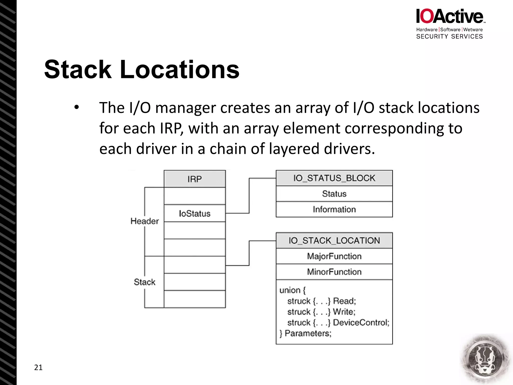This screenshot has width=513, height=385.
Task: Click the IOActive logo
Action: (450, 17)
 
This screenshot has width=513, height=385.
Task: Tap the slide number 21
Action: (38, 367)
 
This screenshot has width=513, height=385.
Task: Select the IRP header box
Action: (195, 179)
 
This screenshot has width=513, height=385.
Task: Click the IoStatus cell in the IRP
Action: (195, 214)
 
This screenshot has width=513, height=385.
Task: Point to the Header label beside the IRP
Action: (145, 221)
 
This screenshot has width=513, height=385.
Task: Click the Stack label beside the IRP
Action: (145, 282)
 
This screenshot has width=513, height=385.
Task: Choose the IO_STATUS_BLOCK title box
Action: (334, 178)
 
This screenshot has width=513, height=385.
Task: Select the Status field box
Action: (334, 194)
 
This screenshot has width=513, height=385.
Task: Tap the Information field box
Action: (334, 209)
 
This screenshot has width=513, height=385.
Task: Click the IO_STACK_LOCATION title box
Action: (334, 241)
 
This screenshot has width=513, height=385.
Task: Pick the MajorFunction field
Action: (334, 256)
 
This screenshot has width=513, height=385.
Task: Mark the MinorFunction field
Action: (334, 272)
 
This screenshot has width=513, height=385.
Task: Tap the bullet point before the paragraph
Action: (76, 108)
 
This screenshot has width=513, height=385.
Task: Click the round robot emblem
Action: (485, 359)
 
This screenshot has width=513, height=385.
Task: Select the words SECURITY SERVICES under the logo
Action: (449, 37)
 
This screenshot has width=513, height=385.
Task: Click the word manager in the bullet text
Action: (185, 108)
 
